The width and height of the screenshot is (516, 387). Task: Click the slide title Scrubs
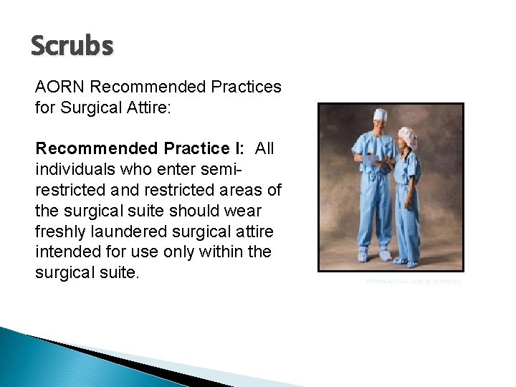tap(72, 46)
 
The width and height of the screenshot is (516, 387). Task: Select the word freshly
tap(59, 233)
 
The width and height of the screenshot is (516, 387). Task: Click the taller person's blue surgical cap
tap(380, 115)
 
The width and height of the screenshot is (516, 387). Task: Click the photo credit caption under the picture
tap(412, 282)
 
